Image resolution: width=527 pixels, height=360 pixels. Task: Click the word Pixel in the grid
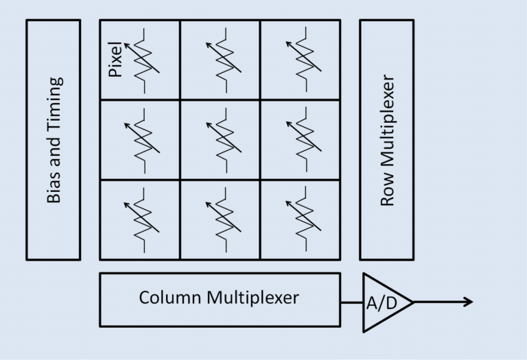point(115,60)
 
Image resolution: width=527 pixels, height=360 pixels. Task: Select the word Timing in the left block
point(54,104)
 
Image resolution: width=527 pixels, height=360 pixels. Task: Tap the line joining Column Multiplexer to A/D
point(351,302)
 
